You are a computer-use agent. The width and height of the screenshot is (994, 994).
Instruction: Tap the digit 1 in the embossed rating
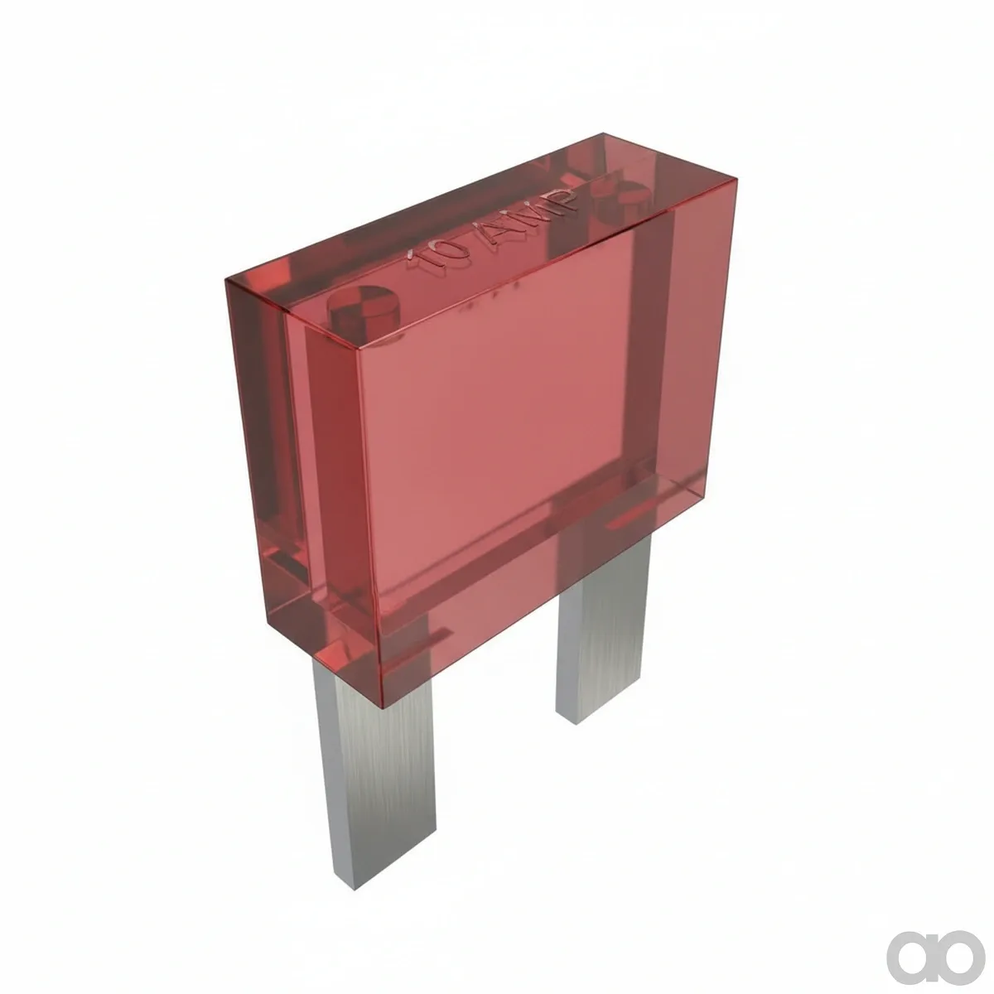coord(419,260)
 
